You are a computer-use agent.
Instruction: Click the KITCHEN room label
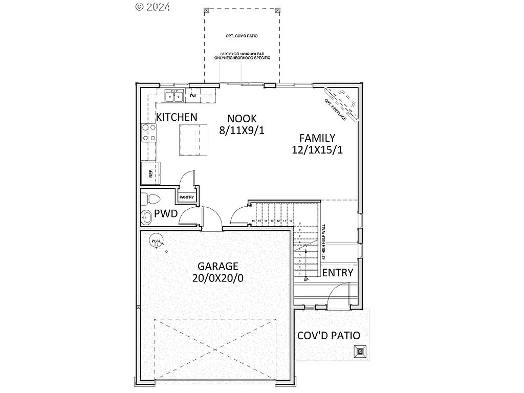tap(177, 117)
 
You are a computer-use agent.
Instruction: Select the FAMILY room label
tap(317, 138)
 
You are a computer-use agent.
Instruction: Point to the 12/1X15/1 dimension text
tap(317, 150)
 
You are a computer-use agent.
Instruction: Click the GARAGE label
tap(218, 266)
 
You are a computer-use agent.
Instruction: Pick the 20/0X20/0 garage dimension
tap(218, 279)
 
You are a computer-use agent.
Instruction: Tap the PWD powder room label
tap(166, 214)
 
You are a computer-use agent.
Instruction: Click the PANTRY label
tap(186, 197)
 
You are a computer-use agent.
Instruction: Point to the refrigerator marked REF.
tap(151, 173)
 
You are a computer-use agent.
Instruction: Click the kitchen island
tap(193, 139)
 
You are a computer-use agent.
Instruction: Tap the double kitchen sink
tap(174, 96)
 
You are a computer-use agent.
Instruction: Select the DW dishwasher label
tap(193, 96)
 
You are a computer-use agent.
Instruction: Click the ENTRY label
tap(337, 273)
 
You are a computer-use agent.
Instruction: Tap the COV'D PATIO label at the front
tap(329, 336)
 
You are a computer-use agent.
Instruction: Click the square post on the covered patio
tap(360, 351)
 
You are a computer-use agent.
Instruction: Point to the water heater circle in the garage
tap(155, 241)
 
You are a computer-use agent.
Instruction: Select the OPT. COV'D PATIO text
tap(242, 36)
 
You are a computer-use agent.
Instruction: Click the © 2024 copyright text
tap(152, 7)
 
